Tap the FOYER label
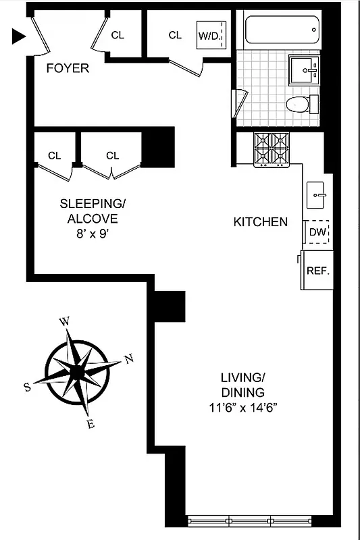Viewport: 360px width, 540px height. point(68,68)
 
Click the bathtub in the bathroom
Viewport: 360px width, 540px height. point(282,30)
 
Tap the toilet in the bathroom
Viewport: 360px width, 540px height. point(298,104)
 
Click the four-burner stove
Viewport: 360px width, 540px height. point(270,149)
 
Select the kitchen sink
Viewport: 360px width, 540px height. point(316,195)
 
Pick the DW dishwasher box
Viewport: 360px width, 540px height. point(317,232)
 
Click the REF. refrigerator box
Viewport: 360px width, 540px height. point(317,271)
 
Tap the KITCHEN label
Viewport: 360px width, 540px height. point(261,221)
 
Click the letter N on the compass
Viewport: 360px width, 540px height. point(129,360)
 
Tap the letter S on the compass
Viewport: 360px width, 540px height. point(27,387)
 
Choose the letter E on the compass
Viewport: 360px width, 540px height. point(91,424)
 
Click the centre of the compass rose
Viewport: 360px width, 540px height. point(78,372)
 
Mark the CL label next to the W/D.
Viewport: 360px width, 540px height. point(176,35)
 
